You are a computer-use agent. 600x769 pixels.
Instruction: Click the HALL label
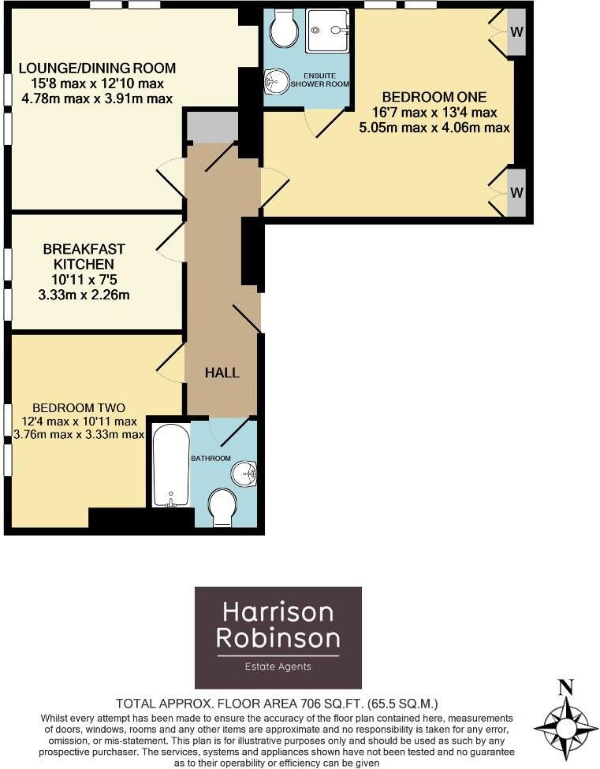pyautogui.click(x=222, y=373)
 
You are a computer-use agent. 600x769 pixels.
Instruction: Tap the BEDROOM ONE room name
pyautogui.click(x=445, y=97)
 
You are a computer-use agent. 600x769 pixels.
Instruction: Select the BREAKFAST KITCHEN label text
pyautogui.click(x=84, y=256)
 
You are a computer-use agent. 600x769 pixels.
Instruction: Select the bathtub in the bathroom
pyautogui.click(x=170, y=466)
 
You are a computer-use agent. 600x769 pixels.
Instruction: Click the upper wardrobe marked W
pyautogui.click(x=516, y=32)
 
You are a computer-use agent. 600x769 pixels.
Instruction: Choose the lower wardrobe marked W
pyautogui.click(x=516, y=192)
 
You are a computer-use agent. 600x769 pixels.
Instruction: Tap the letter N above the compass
pyautogui.click(x=565, y=687)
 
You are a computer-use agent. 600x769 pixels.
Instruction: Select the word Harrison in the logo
pyautogui.click(x=278, y=611)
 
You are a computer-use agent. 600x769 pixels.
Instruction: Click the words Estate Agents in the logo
pyautogui.click(x=278, y=667)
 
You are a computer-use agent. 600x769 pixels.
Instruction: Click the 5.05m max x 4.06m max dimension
pyautogui.click(x=445, y=126)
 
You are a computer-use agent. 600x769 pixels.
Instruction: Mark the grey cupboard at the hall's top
pyautogui.click(x=211, y=127)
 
